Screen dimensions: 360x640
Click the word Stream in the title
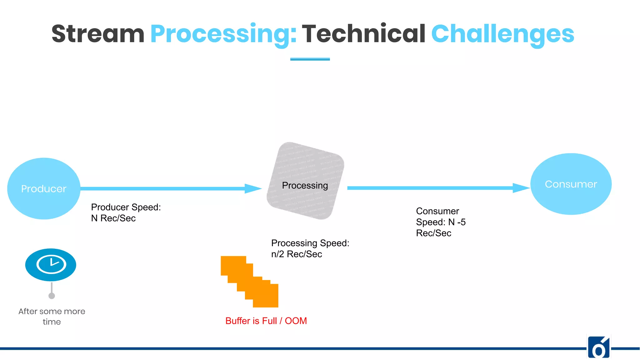98,34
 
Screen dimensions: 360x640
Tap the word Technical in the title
363,34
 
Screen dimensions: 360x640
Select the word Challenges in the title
502,34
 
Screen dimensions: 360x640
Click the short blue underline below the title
310,59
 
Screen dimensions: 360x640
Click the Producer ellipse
44,188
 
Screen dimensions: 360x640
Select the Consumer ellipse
571,184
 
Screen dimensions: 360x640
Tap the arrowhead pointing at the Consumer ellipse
521,188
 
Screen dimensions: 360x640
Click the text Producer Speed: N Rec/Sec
126,212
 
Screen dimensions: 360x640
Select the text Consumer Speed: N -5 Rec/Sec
440,222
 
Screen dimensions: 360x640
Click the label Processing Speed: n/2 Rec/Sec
310,248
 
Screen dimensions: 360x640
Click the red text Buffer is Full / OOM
266,321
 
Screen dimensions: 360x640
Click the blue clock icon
51,265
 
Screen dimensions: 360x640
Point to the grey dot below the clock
52,296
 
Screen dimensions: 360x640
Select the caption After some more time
52,316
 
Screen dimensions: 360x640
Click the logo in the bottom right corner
599,347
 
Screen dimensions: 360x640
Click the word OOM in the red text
296,321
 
